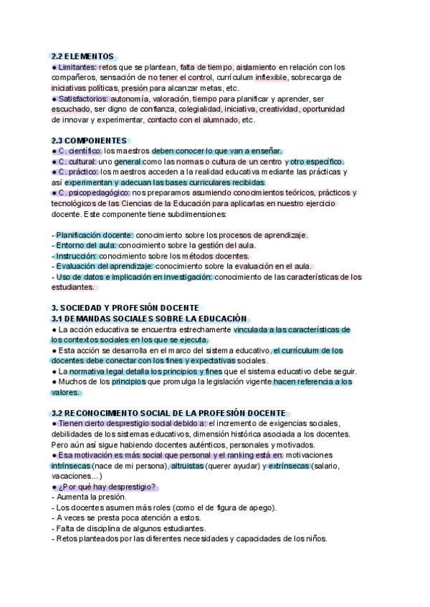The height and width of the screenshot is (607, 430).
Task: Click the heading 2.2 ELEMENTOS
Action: pyautogui.click(x=83, y=56)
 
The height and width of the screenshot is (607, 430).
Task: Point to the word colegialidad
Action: pyautogui.click(x=215, y=109)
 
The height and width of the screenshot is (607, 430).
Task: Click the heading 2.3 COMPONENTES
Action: pyautogui.click(x=90, y=140)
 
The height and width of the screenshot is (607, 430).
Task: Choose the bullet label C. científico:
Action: pyautogui.click(x=80, y=151)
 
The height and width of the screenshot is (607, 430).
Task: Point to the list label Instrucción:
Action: pyautogui.click(x=76, y=256)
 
